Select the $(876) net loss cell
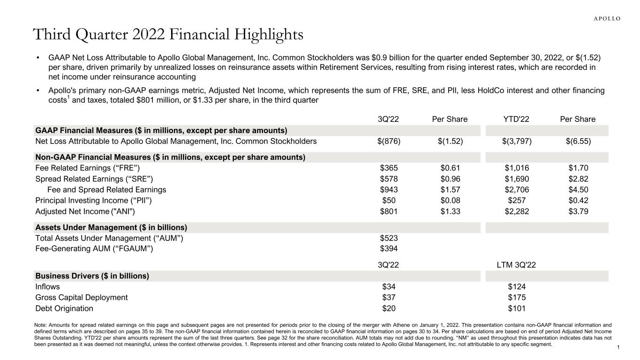(x=389, y=141)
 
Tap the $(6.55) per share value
(x=578, y=141)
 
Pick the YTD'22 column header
(x=516, y=119)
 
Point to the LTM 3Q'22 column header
(x=516, y=264)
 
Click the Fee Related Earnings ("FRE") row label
(x=88, y=168)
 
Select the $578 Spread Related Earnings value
(x=389, y=179)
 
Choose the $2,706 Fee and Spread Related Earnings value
(x=516, y=190)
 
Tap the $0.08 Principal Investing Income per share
(x=450, y=201)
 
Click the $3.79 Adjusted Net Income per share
(x=578, y=211)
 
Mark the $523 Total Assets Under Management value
(x=389, y=238)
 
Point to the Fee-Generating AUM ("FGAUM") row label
(x=94, y=249)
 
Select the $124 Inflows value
(x=516, y=286)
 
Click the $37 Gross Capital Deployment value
(x=389, y=297)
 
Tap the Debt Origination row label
(x=64, y=308)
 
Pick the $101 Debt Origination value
(x=516, y=308)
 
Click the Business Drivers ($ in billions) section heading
(x=92, y=276)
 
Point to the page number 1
(x=619, y=347)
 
